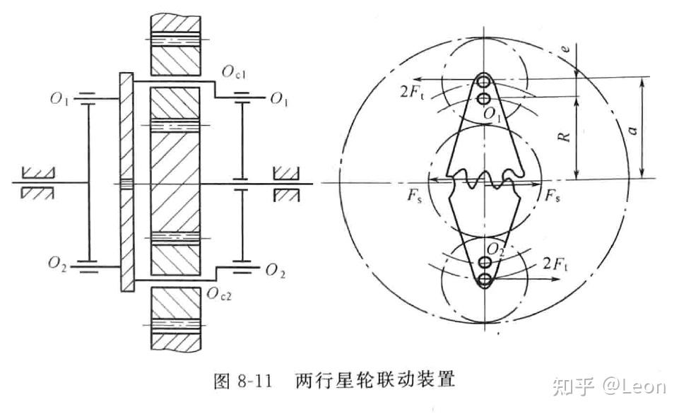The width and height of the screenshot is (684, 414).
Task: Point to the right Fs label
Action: pyautogui.click(x=553, y=198)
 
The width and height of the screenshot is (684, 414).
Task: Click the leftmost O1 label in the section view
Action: pyautogui.click(x=60, y=98)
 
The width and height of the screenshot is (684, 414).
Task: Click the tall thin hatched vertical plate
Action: pyautogui.click(x=125, y=181)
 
